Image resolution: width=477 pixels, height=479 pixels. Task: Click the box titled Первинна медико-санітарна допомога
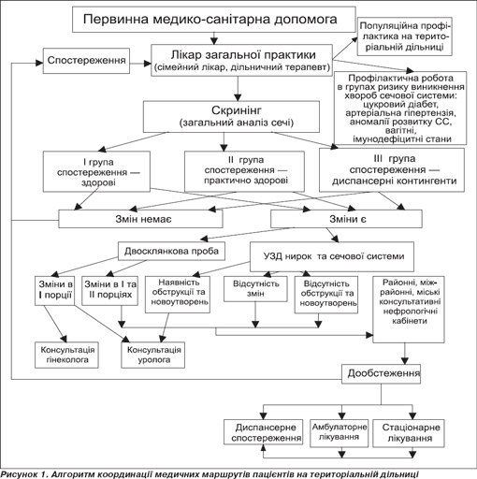point(214,20)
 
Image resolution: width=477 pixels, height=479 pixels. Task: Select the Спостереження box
point(86,61)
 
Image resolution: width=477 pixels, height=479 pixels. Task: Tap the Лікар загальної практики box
point(241,60)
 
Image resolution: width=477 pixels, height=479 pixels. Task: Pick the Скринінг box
point(231,116)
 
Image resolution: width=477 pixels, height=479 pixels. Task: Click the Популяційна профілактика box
point(404,36)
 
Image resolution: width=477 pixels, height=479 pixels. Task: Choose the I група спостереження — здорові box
point(96,171)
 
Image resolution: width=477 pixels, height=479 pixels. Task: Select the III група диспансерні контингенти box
point(392,170)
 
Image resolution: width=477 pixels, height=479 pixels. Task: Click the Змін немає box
point(140,219)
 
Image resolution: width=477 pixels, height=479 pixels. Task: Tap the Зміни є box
point(346,219)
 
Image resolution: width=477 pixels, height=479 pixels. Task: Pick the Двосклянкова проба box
point(171,251)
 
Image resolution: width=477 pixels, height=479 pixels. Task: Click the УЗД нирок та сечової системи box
point(332,256)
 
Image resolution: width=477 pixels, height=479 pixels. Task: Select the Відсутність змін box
point(255,289)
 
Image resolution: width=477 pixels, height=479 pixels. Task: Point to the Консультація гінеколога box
point(66,355)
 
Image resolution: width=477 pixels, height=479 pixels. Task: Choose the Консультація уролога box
point(153,355)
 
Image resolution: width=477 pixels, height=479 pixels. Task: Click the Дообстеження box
point(382,374)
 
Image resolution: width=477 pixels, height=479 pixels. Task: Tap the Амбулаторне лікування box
point(340,433)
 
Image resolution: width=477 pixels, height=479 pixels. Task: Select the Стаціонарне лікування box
point(409,433)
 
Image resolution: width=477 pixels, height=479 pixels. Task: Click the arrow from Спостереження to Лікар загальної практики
point(140,64)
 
